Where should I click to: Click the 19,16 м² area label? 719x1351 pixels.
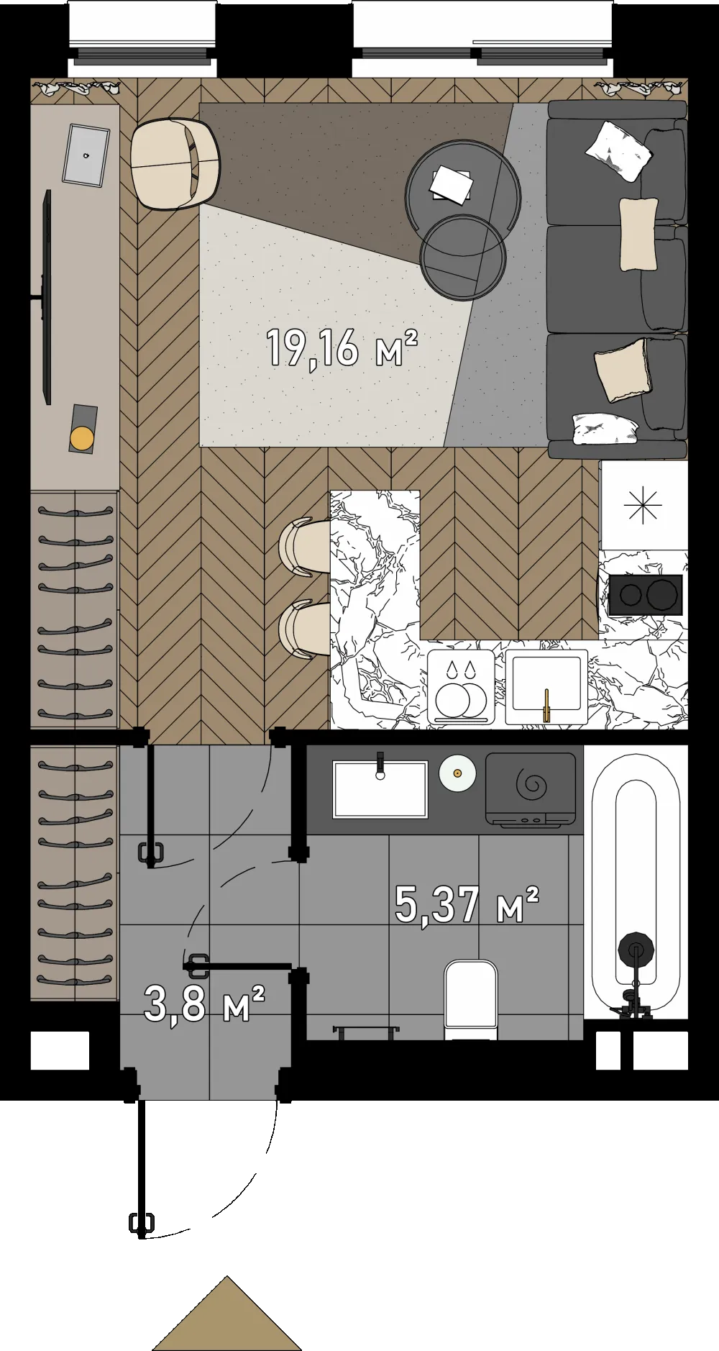point(342,347)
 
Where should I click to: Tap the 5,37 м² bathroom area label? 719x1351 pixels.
point(467,904)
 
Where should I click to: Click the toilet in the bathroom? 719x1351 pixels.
point(471,1001)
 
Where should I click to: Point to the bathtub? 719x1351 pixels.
point(636,882)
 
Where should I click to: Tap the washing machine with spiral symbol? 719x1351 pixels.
point(531,790)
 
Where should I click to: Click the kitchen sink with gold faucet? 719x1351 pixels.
point(546,686)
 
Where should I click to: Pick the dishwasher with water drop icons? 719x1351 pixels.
point(461,687)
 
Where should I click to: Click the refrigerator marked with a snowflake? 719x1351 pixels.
point(644,505)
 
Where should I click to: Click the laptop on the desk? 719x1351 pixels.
point(86,154)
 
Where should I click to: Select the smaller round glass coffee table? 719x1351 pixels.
point(463,256)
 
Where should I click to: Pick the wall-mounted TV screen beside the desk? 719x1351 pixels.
point(47,297)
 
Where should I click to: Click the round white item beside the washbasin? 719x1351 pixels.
point(457,774)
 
